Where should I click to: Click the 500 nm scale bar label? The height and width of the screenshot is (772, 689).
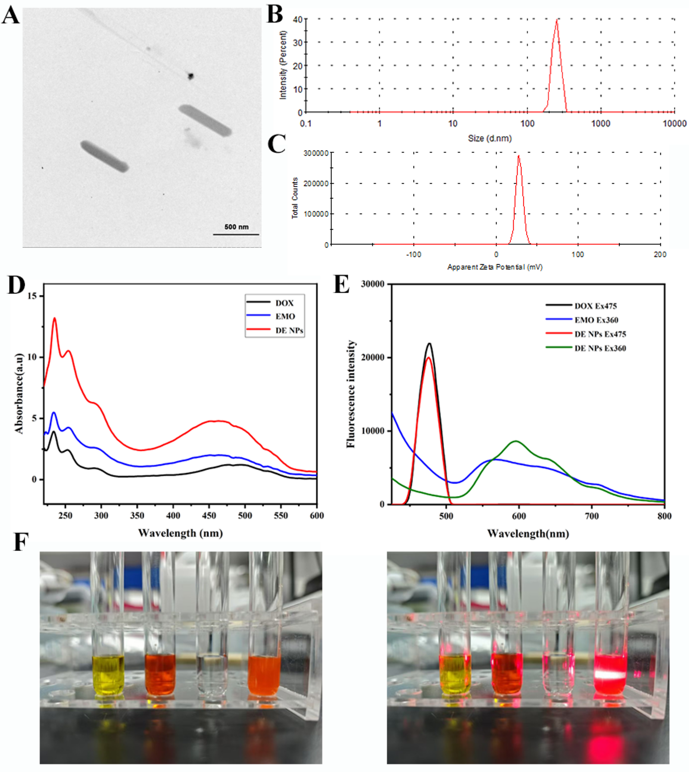coord(236,227)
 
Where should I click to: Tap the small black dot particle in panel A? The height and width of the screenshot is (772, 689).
coord(190,77)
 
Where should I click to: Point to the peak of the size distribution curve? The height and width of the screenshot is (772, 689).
coord(557,20)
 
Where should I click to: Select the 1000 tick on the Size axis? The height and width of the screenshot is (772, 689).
coord(601,124)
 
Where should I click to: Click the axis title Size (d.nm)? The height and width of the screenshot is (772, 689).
coord(490,138)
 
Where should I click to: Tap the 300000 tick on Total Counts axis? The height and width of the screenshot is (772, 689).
coord(316,153)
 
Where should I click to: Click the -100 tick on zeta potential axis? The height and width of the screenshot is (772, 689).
coord(413,255)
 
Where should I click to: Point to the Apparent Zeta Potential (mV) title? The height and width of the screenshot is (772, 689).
coord(495,267)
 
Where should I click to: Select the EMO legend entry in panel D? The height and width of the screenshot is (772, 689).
coord(285,316)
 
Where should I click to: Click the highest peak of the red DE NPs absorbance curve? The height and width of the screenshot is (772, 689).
coord(55,318)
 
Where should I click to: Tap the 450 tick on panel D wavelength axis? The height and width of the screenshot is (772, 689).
coord(209,516)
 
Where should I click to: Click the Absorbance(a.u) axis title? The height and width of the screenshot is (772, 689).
coord(19,393)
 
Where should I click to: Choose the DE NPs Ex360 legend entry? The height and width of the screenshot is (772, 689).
coord(600,348)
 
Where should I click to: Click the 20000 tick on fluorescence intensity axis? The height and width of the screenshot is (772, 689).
coord(373,358)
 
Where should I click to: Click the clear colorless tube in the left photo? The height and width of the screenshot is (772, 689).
coord(211,676)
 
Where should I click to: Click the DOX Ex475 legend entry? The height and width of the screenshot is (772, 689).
coord(595,306)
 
